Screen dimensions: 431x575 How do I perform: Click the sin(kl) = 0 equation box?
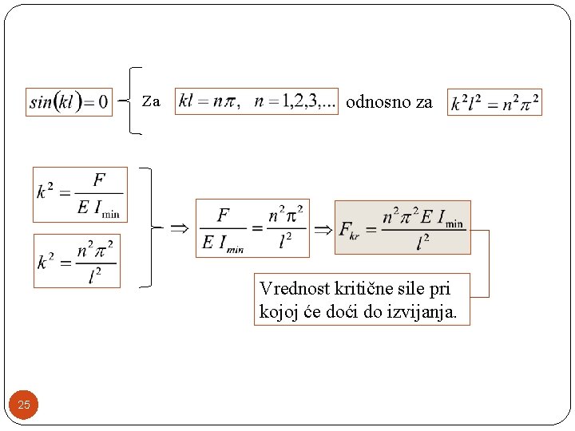pos(69,101)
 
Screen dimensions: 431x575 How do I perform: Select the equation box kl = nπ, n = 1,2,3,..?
pos(256,101)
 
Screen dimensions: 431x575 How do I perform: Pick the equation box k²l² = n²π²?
pos(494,102)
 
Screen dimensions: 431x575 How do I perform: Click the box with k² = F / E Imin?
pos(80,194)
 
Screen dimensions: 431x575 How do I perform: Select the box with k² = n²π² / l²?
pos(77,260)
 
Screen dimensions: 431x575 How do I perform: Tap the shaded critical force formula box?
pos(402,227)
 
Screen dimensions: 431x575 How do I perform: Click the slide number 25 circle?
pos(24,405)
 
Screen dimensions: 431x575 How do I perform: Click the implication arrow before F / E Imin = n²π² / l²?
pos(180,227)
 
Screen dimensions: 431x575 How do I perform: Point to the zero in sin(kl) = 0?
pos(101,102)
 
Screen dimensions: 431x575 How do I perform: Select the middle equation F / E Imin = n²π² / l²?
pos(252,228)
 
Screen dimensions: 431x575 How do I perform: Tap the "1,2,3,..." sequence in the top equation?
pos(310,101)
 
